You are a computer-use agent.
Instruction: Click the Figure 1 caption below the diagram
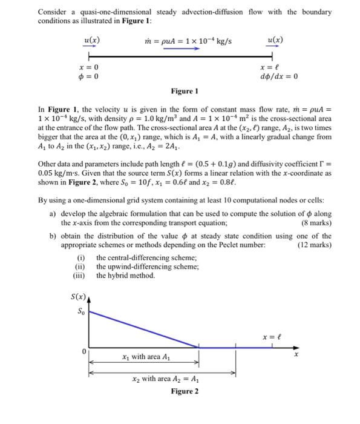[x=185, y=91]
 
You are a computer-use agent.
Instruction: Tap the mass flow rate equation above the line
[x=185, y=41]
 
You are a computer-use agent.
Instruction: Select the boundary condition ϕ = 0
[x=89, y=76]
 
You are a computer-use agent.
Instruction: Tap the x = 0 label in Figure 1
[x=89, y=67]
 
